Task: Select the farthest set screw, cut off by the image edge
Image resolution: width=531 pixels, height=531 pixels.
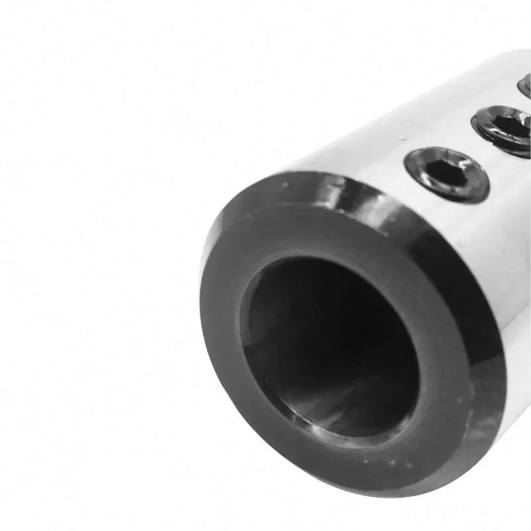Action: click(525, 86)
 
